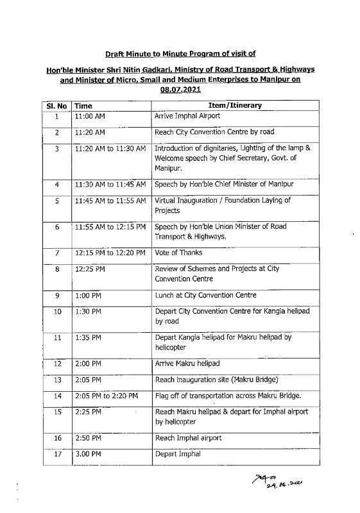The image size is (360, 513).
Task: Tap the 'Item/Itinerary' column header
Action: coord(235,105)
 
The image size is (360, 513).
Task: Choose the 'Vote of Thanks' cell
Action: coord(180,253)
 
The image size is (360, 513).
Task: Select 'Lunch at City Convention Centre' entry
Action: coord(205,296)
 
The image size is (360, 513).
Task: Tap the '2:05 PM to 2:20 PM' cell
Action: coord(107,396)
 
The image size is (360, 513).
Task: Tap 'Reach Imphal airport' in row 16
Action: coord(189,438)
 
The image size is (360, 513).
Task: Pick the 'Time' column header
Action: coord(83,105)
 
